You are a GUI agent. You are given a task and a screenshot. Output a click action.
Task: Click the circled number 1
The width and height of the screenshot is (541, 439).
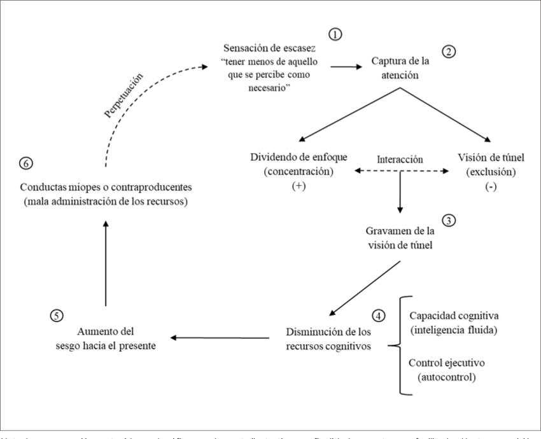click(335, 34)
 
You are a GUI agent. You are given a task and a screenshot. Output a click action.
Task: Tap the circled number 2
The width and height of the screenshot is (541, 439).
click(450, 52)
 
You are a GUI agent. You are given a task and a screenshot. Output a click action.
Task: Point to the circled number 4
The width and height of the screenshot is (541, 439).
click(379, 315)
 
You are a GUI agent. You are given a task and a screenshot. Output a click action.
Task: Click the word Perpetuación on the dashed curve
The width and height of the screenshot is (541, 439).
click(122, 95)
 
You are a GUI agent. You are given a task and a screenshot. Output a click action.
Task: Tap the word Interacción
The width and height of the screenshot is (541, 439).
click(399, 158)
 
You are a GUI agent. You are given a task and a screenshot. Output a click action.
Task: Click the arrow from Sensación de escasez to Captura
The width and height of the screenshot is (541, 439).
click(344, 66)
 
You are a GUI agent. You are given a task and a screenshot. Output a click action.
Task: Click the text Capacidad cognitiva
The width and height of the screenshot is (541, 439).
click(454, 315)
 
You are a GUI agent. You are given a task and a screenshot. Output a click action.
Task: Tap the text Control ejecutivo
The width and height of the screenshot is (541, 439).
click(447, 363)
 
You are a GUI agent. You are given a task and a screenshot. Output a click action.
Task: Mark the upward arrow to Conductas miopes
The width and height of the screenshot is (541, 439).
click(106, 254)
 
